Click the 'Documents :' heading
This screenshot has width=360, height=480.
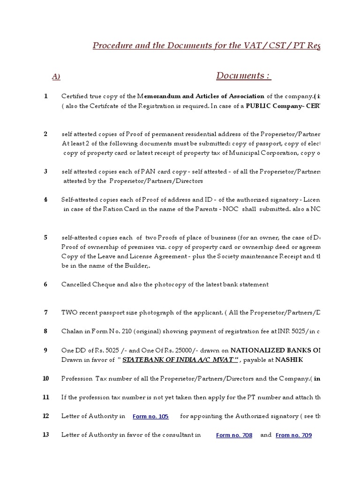coord(243,76)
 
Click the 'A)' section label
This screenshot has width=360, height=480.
coord(56,77)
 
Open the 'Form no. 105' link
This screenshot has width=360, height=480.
coord(150,416)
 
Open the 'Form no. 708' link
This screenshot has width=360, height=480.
coord(234,435)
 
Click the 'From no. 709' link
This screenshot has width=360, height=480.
coord(293,435)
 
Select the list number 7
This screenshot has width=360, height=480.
coord(46,312)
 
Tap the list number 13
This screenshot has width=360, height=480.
coord(46,435)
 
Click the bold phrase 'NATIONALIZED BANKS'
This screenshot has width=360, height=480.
coord(265,350)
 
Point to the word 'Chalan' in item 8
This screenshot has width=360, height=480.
coord(72,331)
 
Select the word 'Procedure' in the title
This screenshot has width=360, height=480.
coord(111,45)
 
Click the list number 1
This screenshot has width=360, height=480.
coord(46,96)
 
